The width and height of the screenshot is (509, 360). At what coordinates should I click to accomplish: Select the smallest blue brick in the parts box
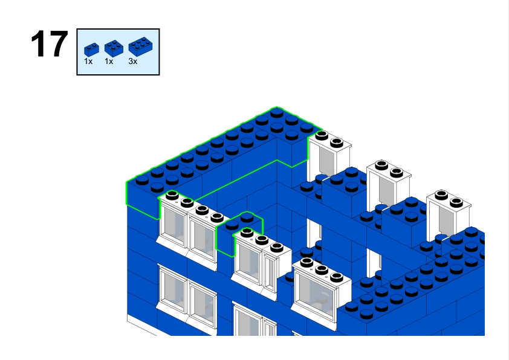(91, 48)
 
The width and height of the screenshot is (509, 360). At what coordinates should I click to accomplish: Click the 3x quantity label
(133, 62)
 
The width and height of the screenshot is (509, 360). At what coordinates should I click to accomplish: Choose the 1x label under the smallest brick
(88, 62)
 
